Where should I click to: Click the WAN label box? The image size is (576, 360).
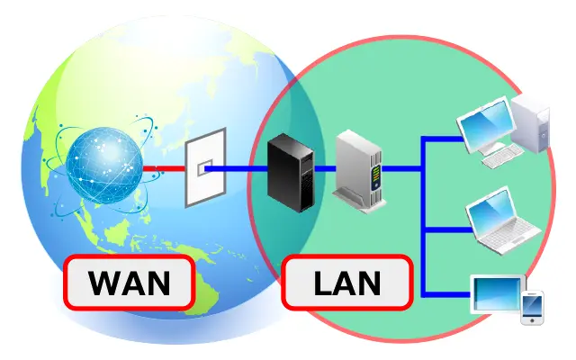(129, 283)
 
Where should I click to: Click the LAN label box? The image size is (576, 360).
(347, 283)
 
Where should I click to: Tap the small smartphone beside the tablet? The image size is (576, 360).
(533, 306)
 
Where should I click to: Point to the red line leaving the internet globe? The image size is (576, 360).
(162, 168)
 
